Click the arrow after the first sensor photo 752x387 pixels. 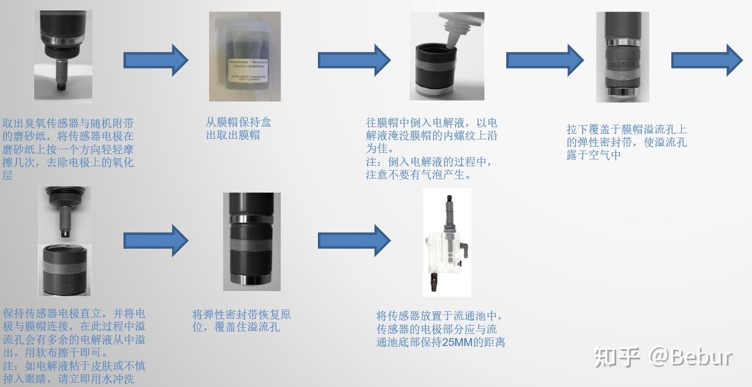[x=156, y=60]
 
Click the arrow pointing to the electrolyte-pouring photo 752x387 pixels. [x=353, y=60]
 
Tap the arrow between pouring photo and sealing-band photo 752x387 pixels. [x=542, y=60]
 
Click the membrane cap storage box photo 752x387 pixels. [x=245, y=56]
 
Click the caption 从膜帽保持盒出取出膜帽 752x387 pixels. [x=238, y=128]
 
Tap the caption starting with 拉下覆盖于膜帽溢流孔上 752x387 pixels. [x=627, y=142]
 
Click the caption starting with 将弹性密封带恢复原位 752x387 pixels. [x=241, y=321]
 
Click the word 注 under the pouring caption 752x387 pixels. [x=372, y=163]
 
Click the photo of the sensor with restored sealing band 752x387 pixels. [x=251, y=241]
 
